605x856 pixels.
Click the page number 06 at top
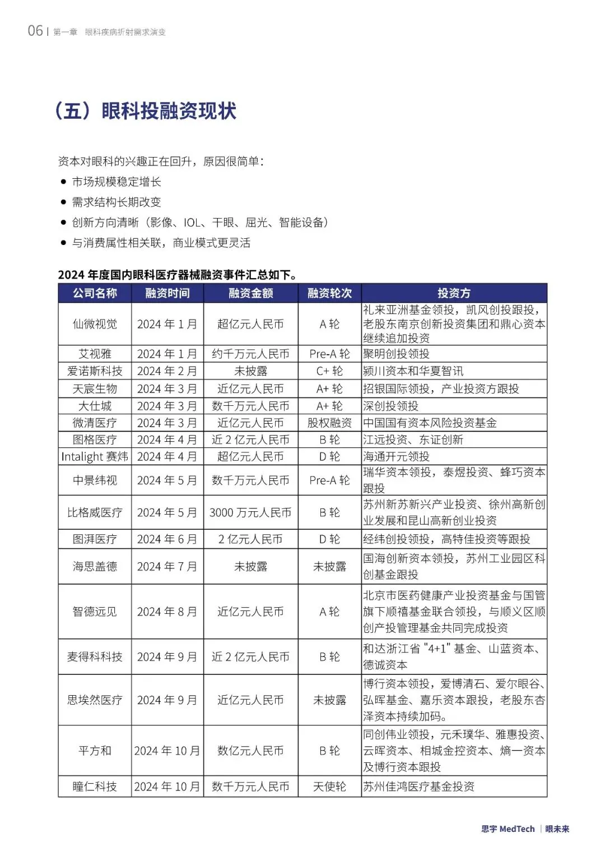[35, 31]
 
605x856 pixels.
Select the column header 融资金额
[250, 293]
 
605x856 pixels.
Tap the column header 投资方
[454, 293]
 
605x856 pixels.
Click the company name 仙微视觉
[95, 324]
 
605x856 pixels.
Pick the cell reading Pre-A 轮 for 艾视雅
[329, 354]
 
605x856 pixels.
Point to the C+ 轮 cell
[329, 371]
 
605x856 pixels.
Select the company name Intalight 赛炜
[95, 457]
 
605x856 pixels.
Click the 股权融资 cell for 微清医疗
[329, 423]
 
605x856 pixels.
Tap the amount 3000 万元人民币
[250, 512]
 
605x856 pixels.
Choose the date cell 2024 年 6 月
[167, 539]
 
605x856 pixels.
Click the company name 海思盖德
[95, 567]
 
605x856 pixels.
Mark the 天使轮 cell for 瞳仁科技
[329, 786]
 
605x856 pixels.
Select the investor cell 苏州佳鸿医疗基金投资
[418, 786]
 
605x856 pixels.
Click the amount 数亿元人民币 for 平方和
[250, 751]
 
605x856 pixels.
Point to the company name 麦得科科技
[95, 656]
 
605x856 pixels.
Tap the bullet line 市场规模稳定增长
[117, 182]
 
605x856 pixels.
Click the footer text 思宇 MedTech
[508, 829]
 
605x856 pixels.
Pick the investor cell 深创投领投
[390, 406]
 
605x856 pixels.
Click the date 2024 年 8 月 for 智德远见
[167, 612]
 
